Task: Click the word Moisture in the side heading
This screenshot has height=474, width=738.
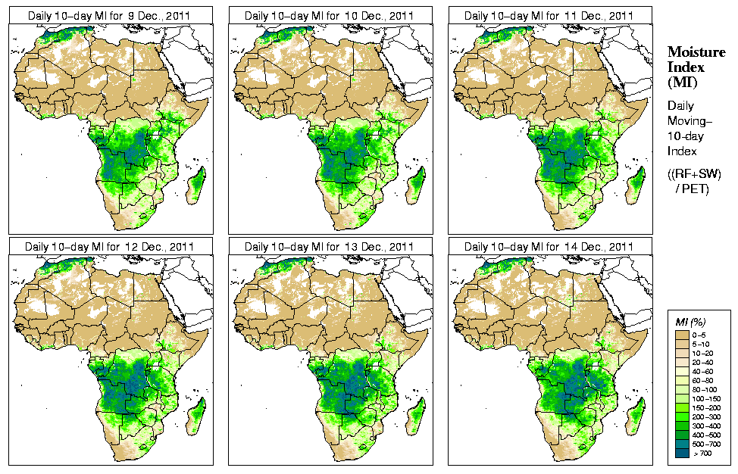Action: click(696, 51)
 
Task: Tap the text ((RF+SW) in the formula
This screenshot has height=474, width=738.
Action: click(694, 174)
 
